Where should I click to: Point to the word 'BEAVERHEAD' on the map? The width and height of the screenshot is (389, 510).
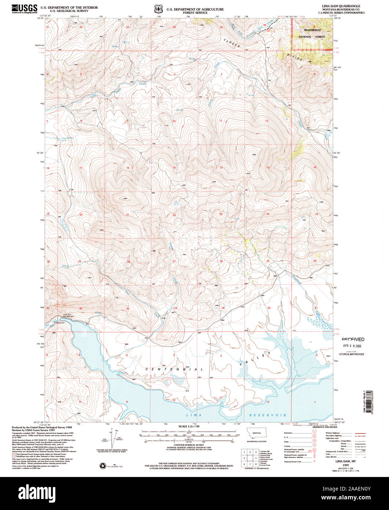coord(312,30)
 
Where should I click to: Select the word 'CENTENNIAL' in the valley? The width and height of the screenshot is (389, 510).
coord(174,369)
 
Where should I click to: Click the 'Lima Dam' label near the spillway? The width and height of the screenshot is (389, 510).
coord(66,314)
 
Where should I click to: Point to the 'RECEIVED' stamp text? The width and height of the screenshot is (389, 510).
coord(353,339)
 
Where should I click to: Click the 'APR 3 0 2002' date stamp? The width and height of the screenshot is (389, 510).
coord(353,346)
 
